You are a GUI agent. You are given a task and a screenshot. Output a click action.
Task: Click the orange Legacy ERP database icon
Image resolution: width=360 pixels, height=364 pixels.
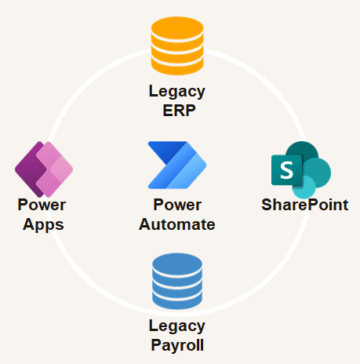click(177, 45)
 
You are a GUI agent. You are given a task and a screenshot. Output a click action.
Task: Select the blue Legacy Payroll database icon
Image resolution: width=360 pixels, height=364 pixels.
click(177, 281)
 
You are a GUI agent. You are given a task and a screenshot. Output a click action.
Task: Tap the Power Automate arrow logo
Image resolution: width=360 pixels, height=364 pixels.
click(177, 165)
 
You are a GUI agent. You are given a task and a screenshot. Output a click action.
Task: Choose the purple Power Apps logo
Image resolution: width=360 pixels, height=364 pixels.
click(44, 169)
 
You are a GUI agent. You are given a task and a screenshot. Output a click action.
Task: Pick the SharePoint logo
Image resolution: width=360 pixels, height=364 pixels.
click(301, 170)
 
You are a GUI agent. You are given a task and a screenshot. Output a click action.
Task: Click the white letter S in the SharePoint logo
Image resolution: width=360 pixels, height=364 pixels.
click(286, 170)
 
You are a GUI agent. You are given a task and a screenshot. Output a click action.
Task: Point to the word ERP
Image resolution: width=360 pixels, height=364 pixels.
click(179, 111)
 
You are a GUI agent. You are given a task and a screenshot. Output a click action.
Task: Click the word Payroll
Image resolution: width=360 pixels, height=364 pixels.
click(177, 345)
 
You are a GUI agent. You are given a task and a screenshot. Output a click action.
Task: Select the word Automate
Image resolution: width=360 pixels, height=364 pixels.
click(177, 224)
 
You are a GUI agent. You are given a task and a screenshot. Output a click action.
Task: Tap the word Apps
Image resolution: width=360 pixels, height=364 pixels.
click(43, 225)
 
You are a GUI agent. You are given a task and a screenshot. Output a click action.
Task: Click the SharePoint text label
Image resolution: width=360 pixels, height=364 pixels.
click(305, 205)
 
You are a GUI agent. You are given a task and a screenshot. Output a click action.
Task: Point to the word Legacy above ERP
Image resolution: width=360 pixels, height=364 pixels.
click(177, 92)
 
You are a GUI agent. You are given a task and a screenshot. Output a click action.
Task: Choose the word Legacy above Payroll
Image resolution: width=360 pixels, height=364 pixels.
click(177, 326)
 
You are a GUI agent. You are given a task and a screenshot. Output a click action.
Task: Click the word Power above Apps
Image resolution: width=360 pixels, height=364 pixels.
click(42, 205)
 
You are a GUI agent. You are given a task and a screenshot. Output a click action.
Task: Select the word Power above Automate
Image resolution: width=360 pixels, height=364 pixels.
click(177, 205)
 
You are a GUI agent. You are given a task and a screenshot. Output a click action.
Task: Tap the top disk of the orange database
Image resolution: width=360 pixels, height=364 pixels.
click(177, 28)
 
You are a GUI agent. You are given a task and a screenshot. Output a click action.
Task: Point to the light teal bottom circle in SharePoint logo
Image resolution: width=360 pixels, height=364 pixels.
click(304, 187)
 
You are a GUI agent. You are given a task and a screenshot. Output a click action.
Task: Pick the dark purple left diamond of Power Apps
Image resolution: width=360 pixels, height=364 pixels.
click(30, 169)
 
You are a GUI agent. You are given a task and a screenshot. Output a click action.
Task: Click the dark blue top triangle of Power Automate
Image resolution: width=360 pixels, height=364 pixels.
click(167, 151)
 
